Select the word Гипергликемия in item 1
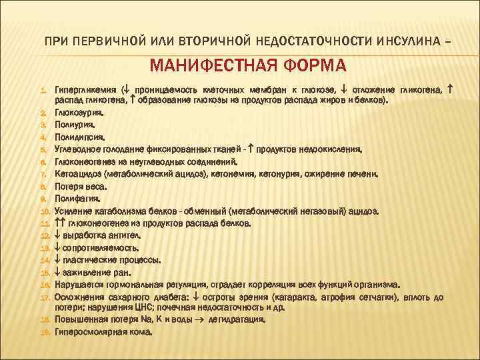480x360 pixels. point(85,89)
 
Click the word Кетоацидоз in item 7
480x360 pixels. point(79,174)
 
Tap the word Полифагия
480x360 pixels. point(77,198)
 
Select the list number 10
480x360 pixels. point(45,211)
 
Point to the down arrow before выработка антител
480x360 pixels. point(57,235)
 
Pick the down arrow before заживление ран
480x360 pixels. point(57,273)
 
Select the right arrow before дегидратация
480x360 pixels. point(203,319)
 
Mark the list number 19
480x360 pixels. point(45,332)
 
